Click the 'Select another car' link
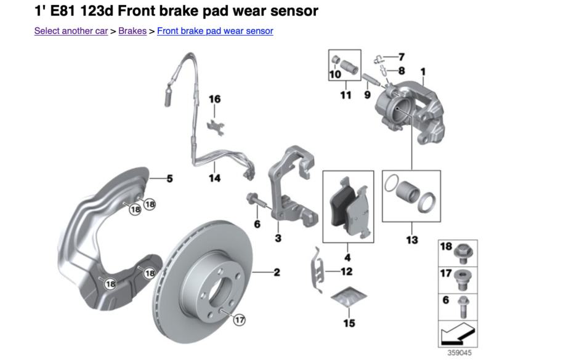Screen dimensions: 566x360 click(x=71, y=31)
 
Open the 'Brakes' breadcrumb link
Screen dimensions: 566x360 click(x=132, y=31)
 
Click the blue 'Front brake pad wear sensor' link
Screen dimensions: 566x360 click(x=215, y=31)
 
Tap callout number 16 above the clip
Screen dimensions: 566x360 click(x=215, y=99)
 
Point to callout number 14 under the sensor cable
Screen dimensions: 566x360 click(x=214, y=178)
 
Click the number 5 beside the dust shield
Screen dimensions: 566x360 click(x=169, y=178)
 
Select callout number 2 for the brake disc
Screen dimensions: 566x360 click(x=277, y=272)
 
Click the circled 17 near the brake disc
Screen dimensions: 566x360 click(x=240, y=319)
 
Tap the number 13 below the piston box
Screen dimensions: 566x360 click(x=412, y=240)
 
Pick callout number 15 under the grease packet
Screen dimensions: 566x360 click(x=349, y=323)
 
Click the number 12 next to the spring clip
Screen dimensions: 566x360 click(x=347, y=271)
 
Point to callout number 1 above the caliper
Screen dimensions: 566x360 click(x=423, y=72)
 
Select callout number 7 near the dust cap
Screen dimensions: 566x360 click(x=402, y=57)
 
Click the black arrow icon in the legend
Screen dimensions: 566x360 click(x=458, y=334)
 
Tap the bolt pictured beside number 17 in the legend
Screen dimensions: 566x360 click(x=463, y=280)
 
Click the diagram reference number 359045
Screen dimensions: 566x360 click(x=459, y=353)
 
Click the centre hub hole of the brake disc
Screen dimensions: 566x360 click(x=221, y=290)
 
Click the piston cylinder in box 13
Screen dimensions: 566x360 click(x=408, y=190)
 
